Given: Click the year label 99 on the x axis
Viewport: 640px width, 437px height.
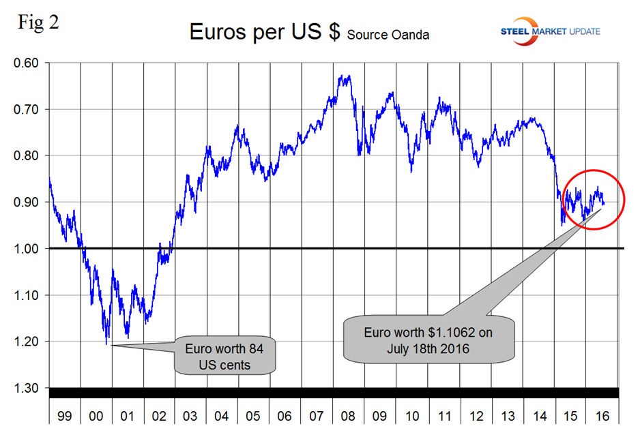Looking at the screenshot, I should [x=65, y=416].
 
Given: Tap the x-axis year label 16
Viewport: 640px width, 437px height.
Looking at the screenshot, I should [x=601, y=416].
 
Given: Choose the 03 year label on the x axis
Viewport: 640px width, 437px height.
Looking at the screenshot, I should [x=191, y=416].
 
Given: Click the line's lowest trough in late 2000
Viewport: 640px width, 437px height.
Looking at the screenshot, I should [x=107, y=343].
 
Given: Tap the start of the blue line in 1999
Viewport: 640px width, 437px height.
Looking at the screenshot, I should [x=50, y=179].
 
